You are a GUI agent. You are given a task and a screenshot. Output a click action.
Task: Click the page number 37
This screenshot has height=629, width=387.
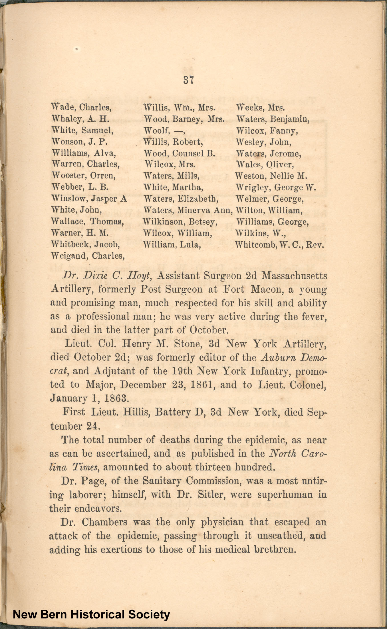(x=189, y=81)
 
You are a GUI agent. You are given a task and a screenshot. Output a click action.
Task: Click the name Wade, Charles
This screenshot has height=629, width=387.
(x=81, y=107)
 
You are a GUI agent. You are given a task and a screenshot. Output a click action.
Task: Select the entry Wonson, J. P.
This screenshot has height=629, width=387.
(x=79, y=142)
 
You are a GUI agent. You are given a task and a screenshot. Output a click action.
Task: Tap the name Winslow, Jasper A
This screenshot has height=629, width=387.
(x=89, y=198)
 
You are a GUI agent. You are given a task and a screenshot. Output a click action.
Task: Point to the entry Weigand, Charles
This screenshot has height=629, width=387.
(x=88, y=256)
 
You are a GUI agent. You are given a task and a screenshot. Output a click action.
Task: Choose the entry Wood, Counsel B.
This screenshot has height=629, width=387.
(x=179, y=153)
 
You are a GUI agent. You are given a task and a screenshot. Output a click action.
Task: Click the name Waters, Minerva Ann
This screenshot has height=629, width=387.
(x=188, y=210)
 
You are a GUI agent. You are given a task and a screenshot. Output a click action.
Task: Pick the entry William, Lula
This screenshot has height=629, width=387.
(x=172, y=245)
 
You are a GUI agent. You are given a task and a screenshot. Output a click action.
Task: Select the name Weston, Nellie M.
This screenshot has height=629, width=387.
(x=271, y=176)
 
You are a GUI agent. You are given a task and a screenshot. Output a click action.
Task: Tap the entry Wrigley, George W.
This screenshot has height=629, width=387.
(x=276, y=187)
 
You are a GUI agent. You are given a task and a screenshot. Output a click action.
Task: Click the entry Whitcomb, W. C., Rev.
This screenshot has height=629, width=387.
(x=279, y=245)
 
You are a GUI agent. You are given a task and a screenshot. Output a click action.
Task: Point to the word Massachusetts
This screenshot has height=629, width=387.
(x=294, y=276)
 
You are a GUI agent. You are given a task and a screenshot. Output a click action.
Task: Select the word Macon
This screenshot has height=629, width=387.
(x=267, y=290)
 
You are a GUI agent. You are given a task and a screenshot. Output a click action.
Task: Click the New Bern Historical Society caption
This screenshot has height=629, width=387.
(x=91, y=614)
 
